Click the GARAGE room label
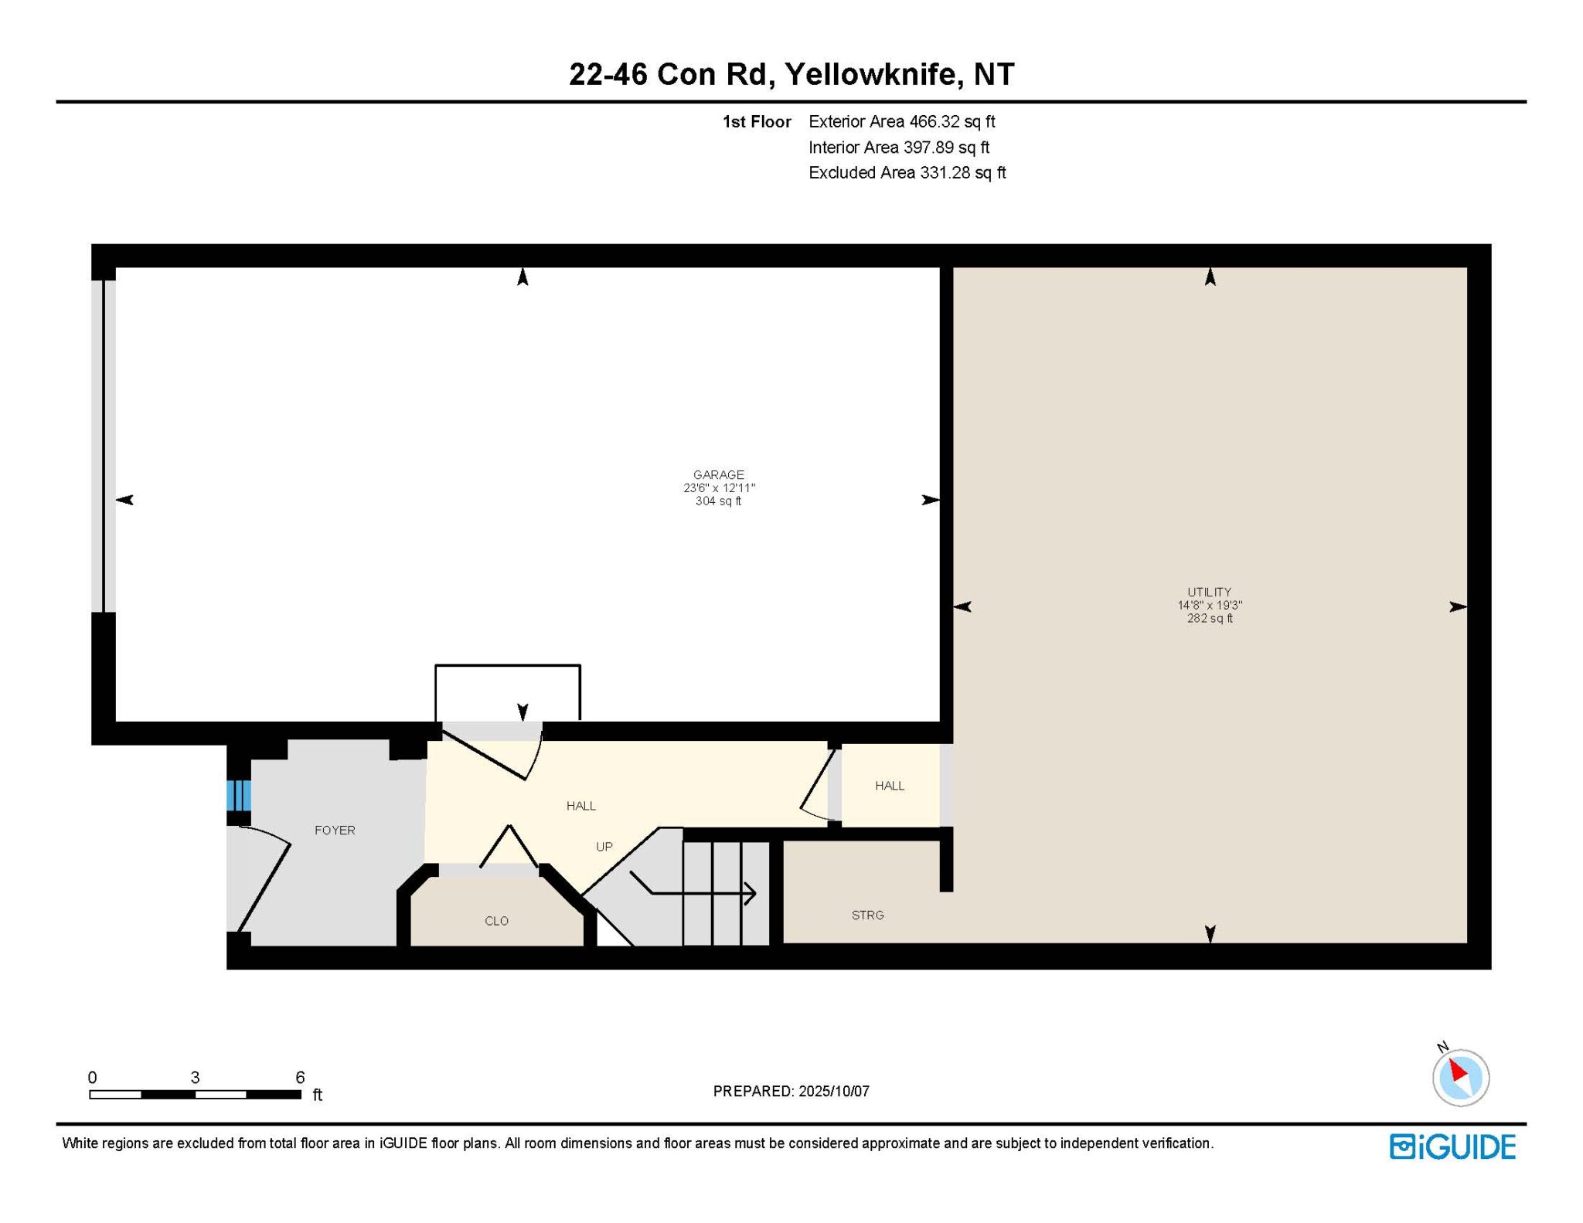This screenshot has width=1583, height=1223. click(x=718, y=474)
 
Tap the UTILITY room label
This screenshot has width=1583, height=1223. click(x=1210, y=592)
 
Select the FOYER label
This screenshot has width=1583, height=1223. click(x=335, y=830)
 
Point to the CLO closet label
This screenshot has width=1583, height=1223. click(x=496, y=920)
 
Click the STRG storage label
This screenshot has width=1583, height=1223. click(x=867, y=915)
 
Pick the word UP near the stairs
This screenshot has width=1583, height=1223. click(x=604, y=846)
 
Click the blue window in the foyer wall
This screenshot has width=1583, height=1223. click(x=239, y=795)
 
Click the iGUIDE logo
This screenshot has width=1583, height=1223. click(x=1452, y=1147)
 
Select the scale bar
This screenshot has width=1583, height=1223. click(x=195, y=1094)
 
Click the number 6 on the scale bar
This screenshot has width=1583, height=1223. click(x=300, y=1077)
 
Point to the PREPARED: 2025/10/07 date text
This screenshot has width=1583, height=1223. click(x=791, y=1091)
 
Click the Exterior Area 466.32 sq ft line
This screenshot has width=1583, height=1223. click(x=901, y=121)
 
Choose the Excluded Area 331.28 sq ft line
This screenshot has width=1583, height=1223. click(x=907, y=172)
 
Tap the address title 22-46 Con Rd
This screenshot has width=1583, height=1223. click(x=669, y=74)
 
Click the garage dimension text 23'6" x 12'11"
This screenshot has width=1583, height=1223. click(x=718, y=488)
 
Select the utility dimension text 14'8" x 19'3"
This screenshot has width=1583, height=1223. click(x=1210, y=605)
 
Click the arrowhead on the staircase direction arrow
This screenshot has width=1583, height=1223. click(x=751, y=893)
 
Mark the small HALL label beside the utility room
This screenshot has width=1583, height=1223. click(x=889, y=786)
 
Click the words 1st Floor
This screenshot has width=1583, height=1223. click(x=756, y=121)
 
